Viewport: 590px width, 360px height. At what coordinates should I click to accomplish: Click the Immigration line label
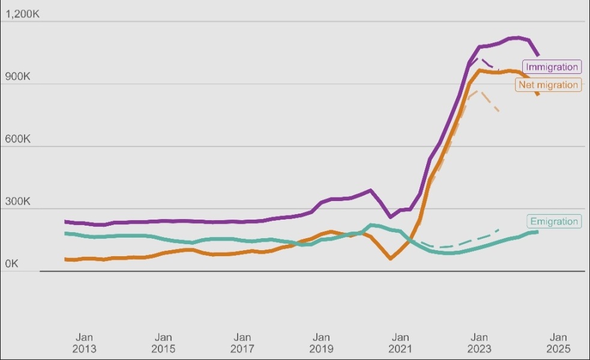[x=552, y=67]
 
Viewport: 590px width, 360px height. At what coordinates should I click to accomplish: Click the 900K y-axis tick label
[x=17, y=77]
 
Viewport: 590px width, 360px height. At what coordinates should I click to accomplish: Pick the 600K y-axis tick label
[x=17, y=139]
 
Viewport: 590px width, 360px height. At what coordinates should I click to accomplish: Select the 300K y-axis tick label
[x=17, y=202]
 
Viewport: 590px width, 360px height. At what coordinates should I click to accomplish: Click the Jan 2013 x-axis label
[x=84, y=343]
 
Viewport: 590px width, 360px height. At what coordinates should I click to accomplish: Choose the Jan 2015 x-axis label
[x=163, y=343]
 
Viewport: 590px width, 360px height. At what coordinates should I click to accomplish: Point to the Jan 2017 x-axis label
[x=242, y=343]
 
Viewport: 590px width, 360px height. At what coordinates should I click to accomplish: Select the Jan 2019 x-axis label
[x=321, y=343]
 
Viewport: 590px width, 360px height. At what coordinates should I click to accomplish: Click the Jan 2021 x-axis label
[x=400, y=343]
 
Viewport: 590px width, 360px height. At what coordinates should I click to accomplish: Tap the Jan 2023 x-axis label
[x=479, y=343]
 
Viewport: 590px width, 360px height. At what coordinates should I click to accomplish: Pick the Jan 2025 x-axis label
[x=558, y=343]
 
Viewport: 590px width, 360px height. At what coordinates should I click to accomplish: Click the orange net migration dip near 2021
[x=391, y=259]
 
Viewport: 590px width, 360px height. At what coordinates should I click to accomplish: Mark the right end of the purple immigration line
[x=538, y=55]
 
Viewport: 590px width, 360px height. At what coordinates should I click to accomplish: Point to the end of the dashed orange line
[x=499, y=111]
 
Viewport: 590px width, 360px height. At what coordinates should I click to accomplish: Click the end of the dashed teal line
[x=499, y=229]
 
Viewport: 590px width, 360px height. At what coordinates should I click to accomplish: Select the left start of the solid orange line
[x=65, y=259]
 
